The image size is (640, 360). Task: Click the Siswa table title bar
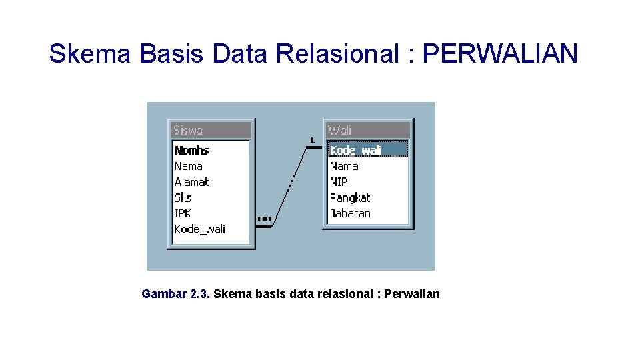click(211, 130)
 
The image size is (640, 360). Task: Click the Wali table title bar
click(367, 130)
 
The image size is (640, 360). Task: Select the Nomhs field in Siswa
click(192, 151)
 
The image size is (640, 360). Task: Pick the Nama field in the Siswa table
click(189, 166)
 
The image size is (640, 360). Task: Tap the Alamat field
click(192, 182)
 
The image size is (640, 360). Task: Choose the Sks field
click(183, 197)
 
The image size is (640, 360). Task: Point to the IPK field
click(183, 213)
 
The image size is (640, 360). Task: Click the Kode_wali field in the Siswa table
click(200, 229)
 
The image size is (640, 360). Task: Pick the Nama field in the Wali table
click(344, 166)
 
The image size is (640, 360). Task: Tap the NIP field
click(339, 182)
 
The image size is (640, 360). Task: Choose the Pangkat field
click(350, 198)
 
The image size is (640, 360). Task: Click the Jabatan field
click(350, 213)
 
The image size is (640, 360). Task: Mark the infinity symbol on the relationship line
click(265, 218)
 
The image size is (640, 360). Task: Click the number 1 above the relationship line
click(311, 139)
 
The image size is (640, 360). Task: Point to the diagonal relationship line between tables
click(289, 186)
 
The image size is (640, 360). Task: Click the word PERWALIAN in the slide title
click(500, 53)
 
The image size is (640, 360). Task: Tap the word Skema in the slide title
click(89, 53)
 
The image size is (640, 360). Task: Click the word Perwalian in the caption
click(412, 294)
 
